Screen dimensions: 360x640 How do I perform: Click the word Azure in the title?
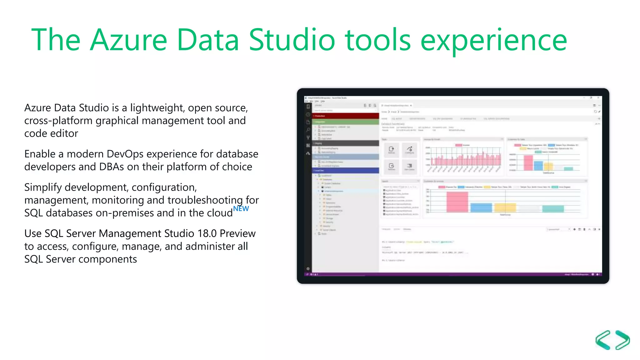pyautogui.click(x=128, y=40)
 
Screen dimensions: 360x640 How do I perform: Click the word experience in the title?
pyautogui.click(x=493, y=41)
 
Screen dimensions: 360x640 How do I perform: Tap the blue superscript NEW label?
pyautogui.click(x=241, y=208)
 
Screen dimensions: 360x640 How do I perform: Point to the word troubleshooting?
pyautogui.click(x=206, y=200)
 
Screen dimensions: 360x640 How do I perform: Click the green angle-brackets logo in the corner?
pyautogui.click(x=612, y=340)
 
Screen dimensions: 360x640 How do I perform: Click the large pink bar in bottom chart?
pyautogui.click(x=457, y=202)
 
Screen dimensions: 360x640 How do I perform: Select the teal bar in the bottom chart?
pyautogui.click(x=553, y=209)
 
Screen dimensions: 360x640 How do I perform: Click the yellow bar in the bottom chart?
pyautogui.click(x=505, y=207)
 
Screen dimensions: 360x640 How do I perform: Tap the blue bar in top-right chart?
pyautogui.click(x=538, y=165)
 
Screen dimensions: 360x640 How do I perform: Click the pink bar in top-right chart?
pyautogui.click(x=528, y=162)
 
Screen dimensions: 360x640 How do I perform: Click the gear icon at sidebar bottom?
pyautogui.click(x=308, y=268)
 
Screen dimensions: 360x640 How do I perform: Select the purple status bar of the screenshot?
pyautogui.click(x=453, y=274)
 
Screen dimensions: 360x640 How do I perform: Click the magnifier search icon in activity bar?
pyautogui.click(x=308, y=130)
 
